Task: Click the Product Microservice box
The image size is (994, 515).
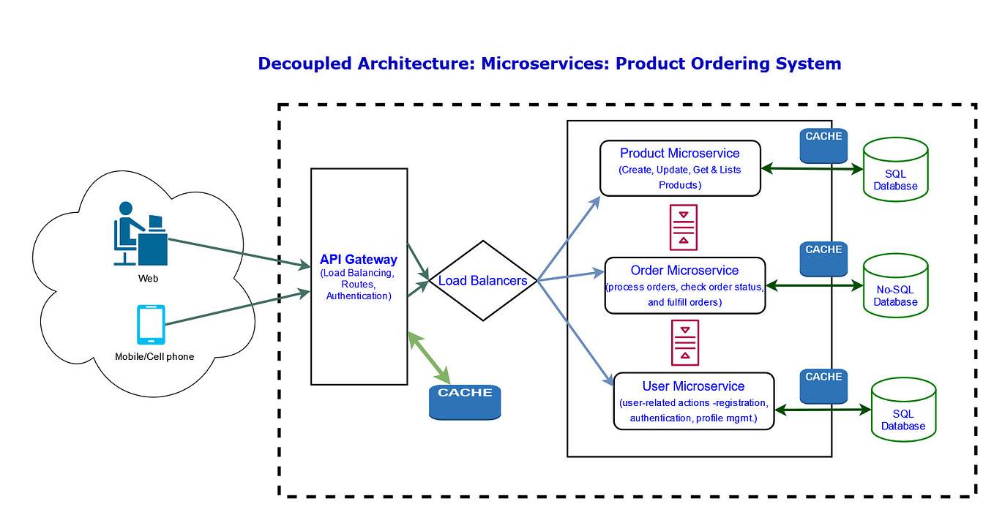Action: tap(680, 169)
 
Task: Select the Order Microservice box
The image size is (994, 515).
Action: tap(685, 285)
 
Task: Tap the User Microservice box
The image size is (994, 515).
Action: tap(693, 401)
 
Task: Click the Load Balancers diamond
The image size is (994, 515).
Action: tap(482, 280)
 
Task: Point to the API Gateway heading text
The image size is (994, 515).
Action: tap(359, 260)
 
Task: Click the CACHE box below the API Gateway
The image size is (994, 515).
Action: tap(465, 402)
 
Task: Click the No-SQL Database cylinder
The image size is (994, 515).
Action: tap(896, 286)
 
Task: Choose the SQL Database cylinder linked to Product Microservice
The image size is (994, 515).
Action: tap(895, 170)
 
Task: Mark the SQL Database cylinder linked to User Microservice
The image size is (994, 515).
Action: tap(903, 410)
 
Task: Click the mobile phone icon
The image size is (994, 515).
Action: tap(151, 325)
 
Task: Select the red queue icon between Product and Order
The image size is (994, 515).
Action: tap(684, 228)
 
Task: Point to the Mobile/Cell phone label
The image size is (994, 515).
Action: tap(154, 357)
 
